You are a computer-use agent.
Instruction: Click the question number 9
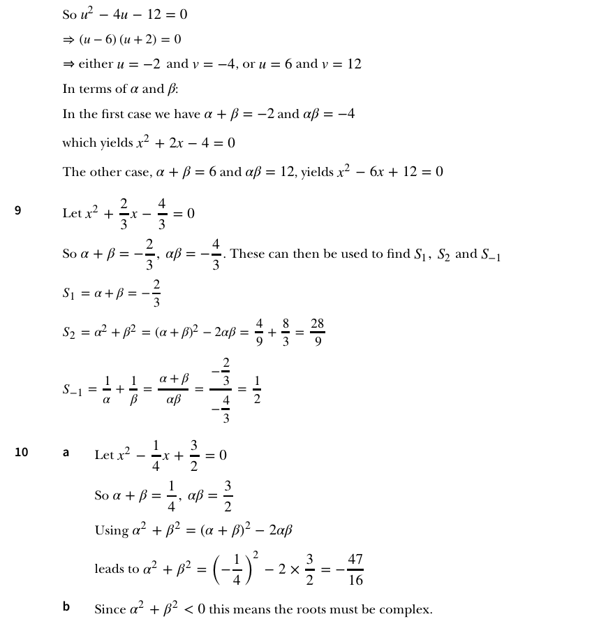[18, 210]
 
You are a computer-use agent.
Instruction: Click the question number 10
[22, 452]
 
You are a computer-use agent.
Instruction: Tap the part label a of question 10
[66, 452]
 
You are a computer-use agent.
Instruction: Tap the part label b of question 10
[66, 606]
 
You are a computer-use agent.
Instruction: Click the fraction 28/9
[318, 333]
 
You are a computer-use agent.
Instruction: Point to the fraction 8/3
[286, 333]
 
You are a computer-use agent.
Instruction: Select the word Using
[112, 530]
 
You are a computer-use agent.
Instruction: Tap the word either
[96, 64]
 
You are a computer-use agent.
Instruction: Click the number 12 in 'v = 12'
[354, 64]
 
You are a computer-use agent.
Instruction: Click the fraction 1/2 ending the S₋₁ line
[256, 390]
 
